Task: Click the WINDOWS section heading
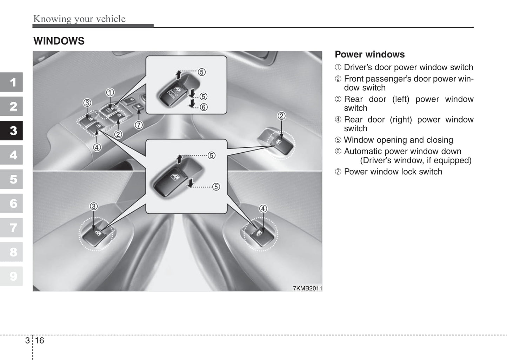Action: point(59,41)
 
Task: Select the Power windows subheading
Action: point(369,54)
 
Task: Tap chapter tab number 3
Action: point(13,131)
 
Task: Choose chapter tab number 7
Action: point(13,228)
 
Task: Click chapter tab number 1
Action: point(13,82)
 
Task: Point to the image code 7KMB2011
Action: point(307,288)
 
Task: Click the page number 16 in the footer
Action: point(39,340)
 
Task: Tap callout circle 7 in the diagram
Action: point(139,125)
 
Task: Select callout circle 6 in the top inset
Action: point(204,107)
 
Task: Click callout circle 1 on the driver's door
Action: point(110,92)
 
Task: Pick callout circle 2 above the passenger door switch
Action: point(281,116)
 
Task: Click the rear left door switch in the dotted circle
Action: point(95,234)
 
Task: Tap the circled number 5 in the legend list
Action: point(338,140)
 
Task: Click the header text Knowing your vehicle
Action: point(79,19)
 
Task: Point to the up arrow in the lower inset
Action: point(179,159)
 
